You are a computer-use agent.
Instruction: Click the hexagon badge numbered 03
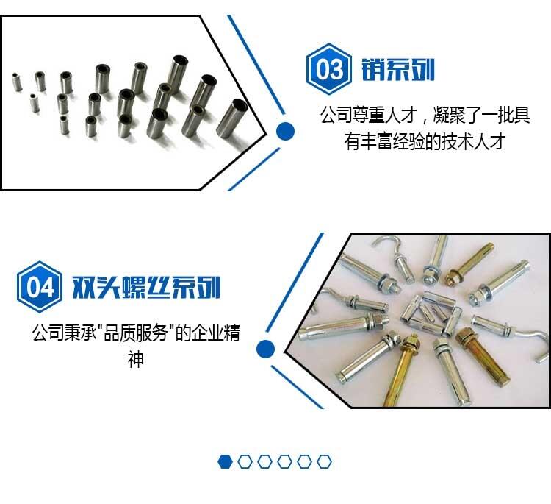pyautogui.click(x=328, y=69)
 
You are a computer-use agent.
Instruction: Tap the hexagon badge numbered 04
pyautogui.click(x=40, y=287)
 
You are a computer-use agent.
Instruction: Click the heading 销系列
pyautogui.click(x=398, y=69)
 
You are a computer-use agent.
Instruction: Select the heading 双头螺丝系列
pyautogui.click(x=146, y=287)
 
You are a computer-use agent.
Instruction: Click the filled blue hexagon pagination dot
pyautogui.click(x=226, y=462)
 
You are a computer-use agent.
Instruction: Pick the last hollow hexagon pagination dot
pyautogui.click(x=324, y=462)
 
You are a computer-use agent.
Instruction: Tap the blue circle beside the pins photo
pyautogui.click(x=285, y=131)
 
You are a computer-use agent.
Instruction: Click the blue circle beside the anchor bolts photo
pyautogui.click(x=265, y=349)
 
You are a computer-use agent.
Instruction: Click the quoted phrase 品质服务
pyautogui.click(x=135, y=333)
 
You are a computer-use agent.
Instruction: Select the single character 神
pyautogui.click(x=136, y=359)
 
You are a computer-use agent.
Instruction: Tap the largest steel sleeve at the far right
pyautogui.click(x=232, y=118)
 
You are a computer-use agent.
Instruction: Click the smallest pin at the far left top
pyautogui.click(x=16, y=82)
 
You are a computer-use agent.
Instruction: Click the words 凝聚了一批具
pyautogui.click(x=482, y=114)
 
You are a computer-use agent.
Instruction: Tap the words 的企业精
pyautogui.click(x=208, y=333)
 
